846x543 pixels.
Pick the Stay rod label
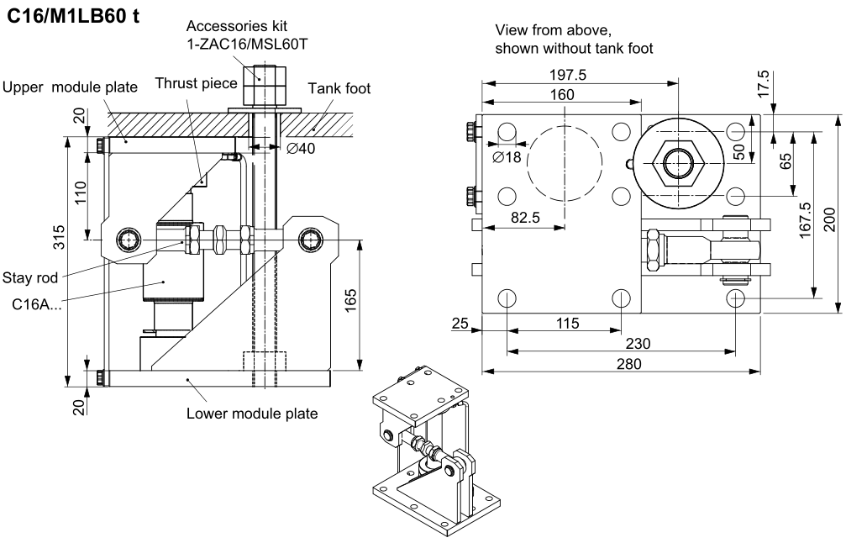click(x=29, y=276)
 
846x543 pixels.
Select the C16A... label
click(x=33, y=303)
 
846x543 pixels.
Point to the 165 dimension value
click(x=351, y=301)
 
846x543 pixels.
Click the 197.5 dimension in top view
click(x=569, y=76)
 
